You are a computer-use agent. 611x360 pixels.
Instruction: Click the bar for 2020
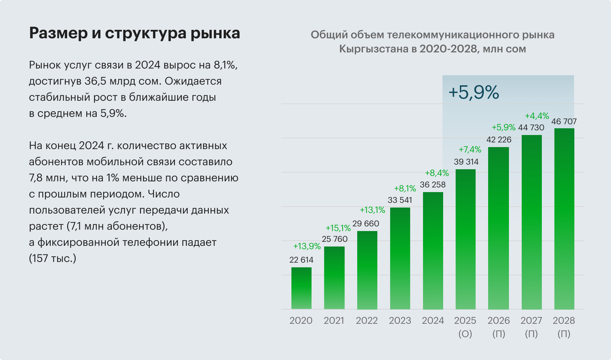click(x=301, y=288)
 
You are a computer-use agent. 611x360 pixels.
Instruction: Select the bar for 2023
click(x=400, y=258)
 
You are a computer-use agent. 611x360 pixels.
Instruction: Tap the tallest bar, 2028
click(x=564, y=219)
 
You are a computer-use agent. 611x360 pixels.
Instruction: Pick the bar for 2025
click(x=465, y=239)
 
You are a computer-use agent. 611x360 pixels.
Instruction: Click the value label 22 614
click(x=301, y=260)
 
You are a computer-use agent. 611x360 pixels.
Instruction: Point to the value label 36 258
click(x=433, y=185)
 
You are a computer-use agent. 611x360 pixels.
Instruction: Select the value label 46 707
click(x=564, y=122)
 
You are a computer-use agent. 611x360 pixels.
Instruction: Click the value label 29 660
click(x=366, y=224)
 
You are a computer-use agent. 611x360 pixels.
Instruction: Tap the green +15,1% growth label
click(x=338, y=228)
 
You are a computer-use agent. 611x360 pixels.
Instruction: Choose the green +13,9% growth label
click(x=307, y=246)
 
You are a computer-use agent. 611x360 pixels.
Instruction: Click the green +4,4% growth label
click(x=537, y=116)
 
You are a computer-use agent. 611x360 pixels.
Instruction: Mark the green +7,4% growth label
click(x=470, y=149)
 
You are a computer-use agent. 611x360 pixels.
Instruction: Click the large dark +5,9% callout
click(x=474, y=92)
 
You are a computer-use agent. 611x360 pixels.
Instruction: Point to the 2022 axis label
click(x=367, y=321)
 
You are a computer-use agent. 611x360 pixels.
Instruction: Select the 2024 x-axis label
click(x=433, y=321)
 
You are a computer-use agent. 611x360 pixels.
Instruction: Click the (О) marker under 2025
click(x=465, y=334)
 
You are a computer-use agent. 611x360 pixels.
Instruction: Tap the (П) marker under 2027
click(x=531, y=334)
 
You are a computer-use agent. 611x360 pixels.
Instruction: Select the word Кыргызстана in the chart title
click(x=373, y=49)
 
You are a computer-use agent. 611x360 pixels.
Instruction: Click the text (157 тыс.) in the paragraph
click(x=53, y=259)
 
